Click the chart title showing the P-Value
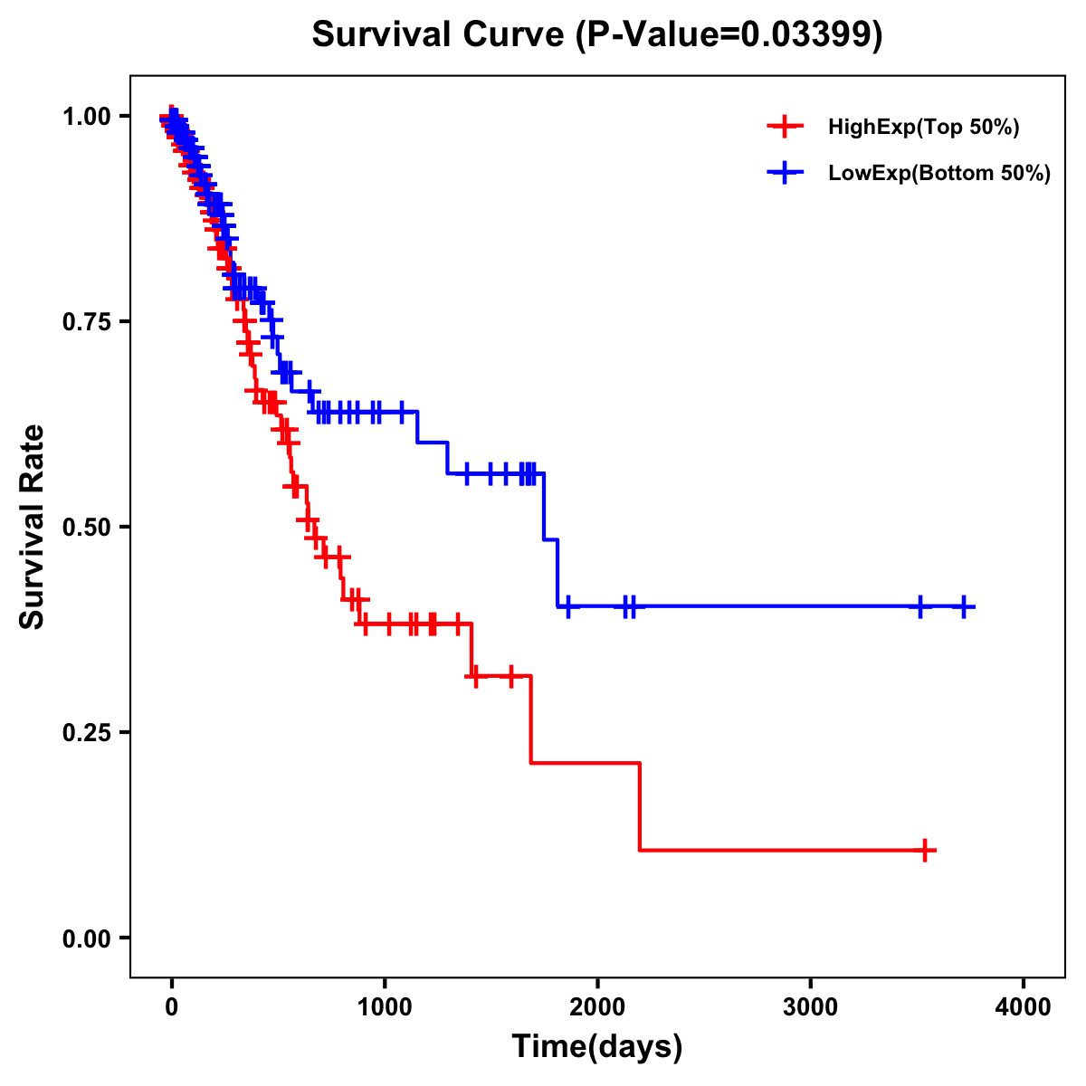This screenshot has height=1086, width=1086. (597, 35)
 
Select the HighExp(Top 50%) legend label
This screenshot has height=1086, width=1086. (924, 128)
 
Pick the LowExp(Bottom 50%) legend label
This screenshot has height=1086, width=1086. (939, 173)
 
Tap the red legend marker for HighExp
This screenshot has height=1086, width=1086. (785, 128)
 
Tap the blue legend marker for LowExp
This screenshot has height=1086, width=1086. (785, 173)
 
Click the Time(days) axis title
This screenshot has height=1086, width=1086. (597, 1046)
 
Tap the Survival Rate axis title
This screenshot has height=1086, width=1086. (33, 527)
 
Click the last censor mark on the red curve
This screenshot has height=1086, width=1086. (924, 851)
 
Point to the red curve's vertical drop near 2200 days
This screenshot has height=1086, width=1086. (640, 806)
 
